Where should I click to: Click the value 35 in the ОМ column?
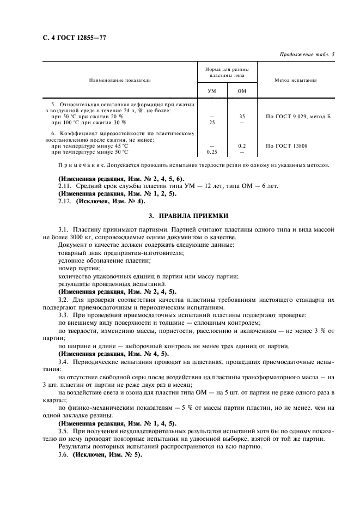(242, 117)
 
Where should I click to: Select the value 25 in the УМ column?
(212, 122)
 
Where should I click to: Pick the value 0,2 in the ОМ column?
(242, 145)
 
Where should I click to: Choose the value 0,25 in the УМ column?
(212, 151)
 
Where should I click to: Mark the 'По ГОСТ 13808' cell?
(286, 145)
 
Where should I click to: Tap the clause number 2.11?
(65, 186)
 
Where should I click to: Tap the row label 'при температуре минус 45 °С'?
(89, 145)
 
